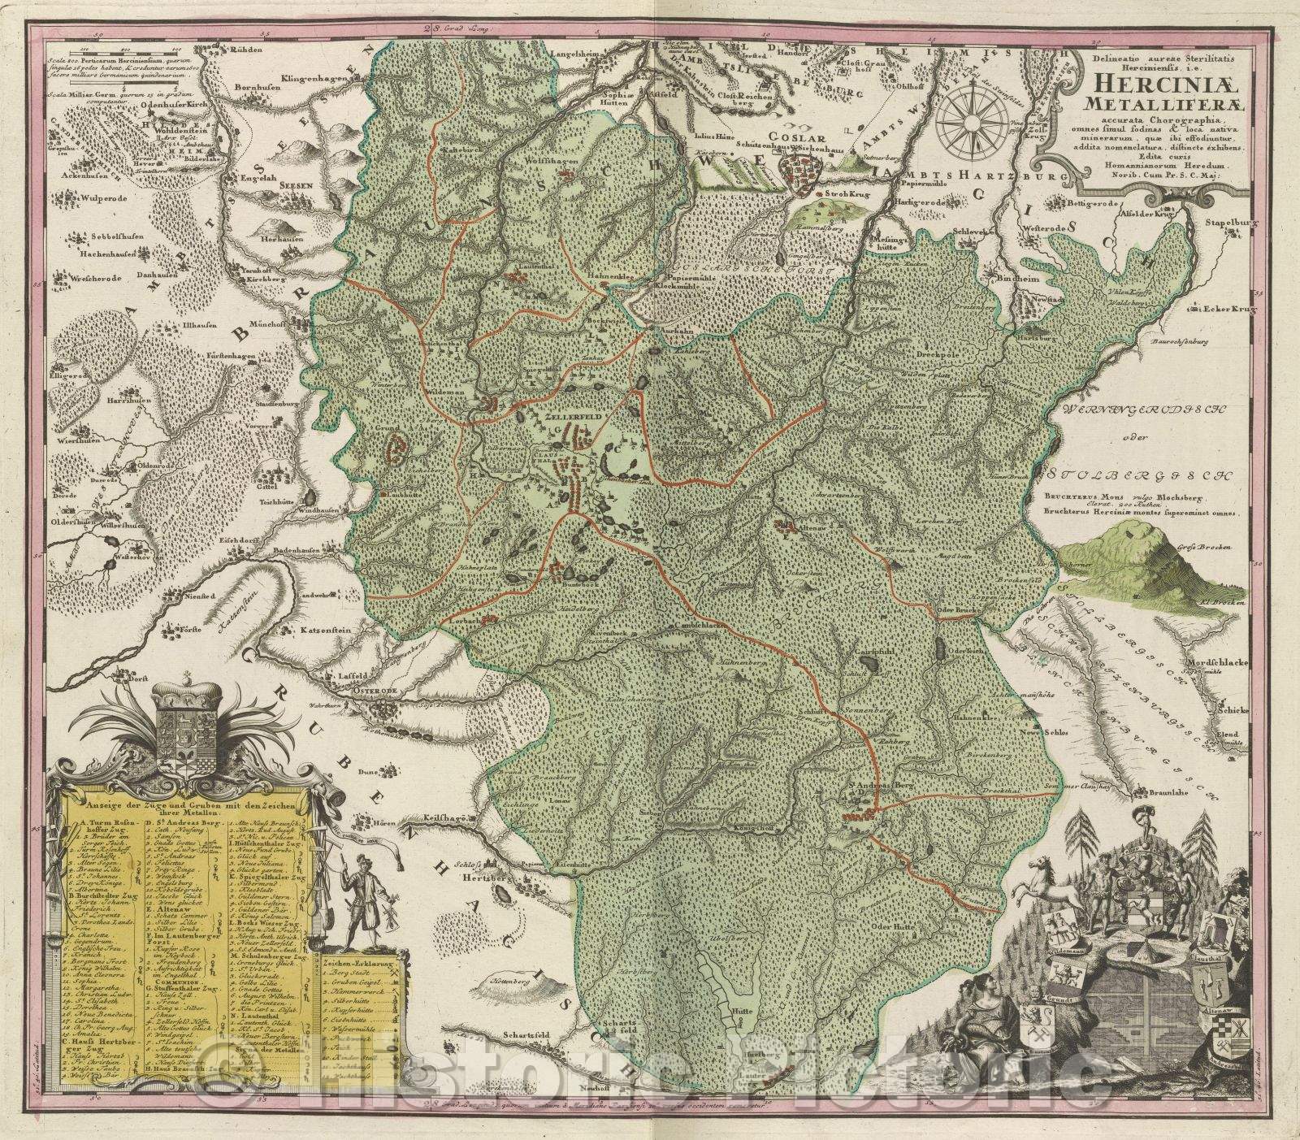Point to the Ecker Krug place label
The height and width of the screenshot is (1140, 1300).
tap(1233, 310)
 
